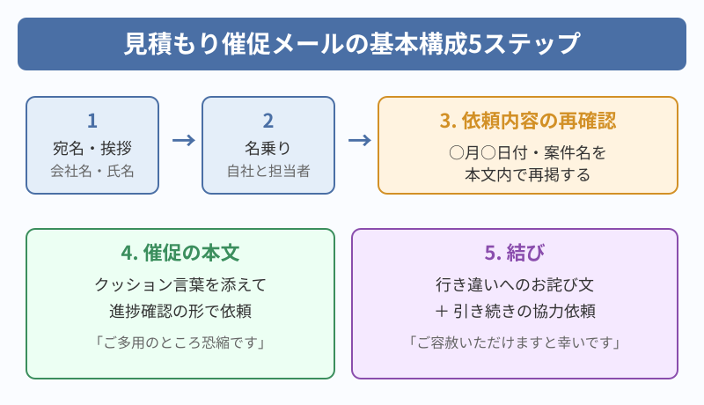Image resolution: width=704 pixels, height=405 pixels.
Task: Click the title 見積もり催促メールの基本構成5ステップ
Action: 352,42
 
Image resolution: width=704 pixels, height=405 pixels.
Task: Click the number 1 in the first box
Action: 92,121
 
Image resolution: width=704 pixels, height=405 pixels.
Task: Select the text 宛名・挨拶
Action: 92,147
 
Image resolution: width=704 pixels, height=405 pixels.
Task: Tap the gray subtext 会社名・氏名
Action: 92,170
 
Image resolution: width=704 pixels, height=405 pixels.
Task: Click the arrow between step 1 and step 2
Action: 182,141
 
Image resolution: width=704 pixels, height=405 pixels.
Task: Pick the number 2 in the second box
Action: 268,121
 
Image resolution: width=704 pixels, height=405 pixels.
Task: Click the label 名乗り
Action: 268,147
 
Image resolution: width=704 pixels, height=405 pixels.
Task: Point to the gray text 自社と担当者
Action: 268,170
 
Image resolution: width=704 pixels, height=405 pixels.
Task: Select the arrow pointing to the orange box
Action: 358,141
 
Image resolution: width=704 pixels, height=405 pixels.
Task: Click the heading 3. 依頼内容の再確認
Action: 528,121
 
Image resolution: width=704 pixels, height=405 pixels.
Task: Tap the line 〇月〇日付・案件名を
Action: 528,151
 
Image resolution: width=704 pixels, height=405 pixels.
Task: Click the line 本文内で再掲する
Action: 528,173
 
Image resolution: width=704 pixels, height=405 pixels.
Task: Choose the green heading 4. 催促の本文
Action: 180,253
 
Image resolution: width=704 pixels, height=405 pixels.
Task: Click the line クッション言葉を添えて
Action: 180,284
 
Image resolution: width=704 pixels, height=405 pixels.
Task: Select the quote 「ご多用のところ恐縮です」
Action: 180,341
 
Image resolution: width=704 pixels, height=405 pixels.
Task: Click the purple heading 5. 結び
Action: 515,253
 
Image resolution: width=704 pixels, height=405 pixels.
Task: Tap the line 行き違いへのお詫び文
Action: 515,284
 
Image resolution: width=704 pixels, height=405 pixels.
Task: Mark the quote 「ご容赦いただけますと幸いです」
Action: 515,341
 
